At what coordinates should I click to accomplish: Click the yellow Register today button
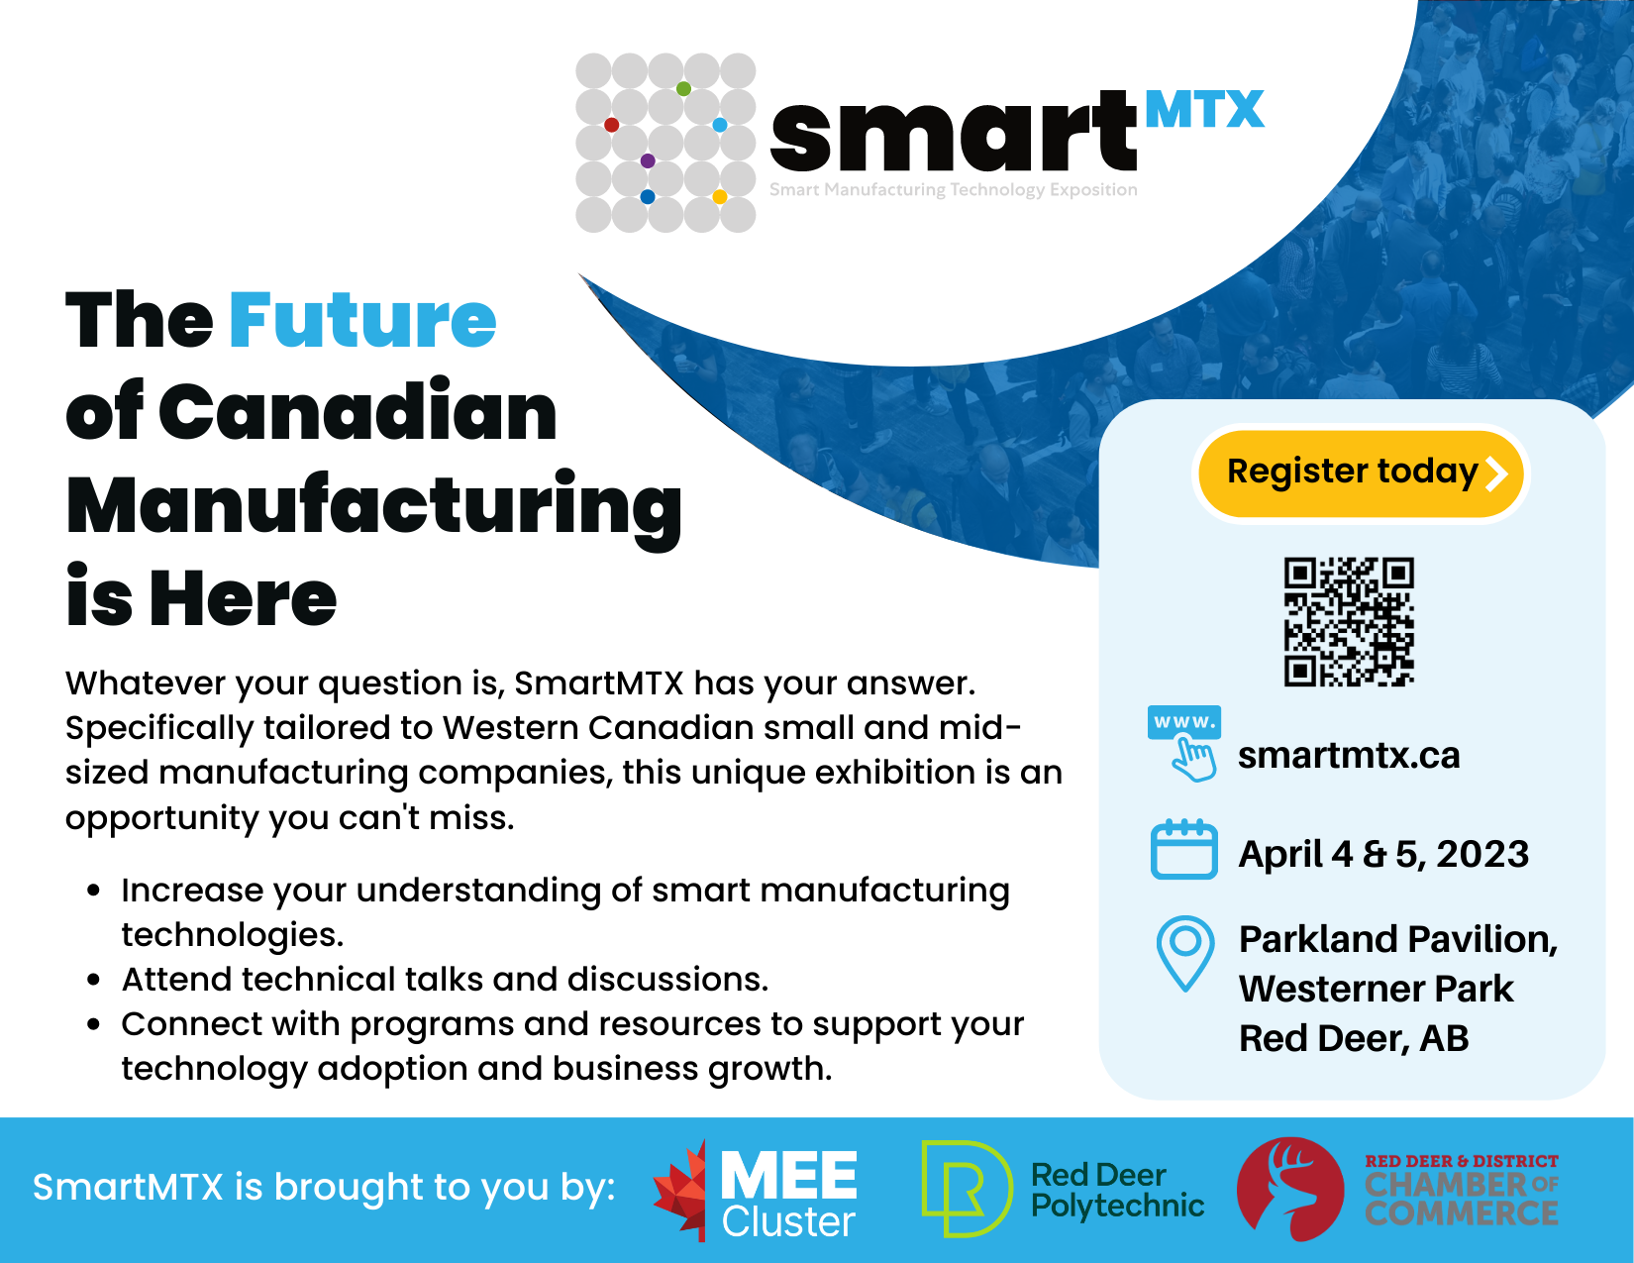pos(1361,474)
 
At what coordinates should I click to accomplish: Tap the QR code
pos(1348,621)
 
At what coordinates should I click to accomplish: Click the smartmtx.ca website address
pos(1348,755)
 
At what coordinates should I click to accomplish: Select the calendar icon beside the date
pos(1183,849)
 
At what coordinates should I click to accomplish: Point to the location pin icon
pos(1185,952)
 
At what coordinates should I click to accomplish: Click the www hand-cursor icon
pos(1184,744)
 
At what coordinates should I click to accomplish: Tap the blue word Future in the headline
pos(361,320)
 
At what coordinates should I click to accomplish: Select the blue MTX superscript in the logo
pos(1204,110)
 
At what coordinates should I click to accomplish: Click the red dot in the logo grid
pos(611,125)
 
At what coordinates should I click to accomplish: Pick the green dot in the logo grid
pos(683,89)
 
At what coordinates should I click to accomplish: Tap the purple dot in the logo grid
pos(648,160)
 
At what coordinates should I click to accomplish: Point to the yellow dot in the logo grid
pos(720,197)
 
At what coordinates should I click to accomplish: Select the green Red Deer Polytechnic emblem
pos(967,1190)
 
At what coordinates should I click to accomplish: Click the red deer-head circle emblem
pos(1290,1189)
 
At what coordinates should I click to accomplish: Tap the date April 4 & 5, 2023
pos(1383,854)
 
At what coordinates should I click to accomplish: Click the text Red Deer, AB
pos(1354,1039)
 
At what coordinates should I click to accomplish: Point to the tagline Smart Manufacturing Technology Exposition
pos(953,189)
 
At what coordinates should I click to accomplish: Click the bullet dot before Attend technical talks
pos(94,980)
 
